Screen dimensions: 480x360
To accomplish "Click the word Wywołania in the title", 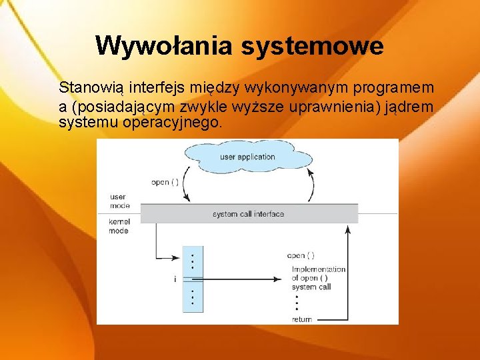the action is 164,46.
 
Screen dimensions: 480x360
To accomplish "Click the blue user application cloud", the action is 247,157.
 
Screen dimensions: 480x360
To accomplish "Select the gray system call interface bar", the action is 248,214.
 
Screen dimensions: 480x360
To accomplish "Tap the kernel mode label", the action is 119,226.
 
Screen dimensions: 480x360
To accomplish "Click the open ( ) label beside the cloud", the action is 165,182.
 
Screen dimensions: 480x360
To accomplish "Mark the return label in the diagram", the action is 301,319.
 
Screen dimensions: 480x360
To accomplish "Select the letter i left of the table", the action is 175,280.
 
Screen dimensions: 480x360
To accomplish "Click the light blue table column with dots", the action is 193,279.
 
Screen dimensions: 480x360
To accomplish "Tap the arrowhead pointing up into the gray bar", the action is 347,228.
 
